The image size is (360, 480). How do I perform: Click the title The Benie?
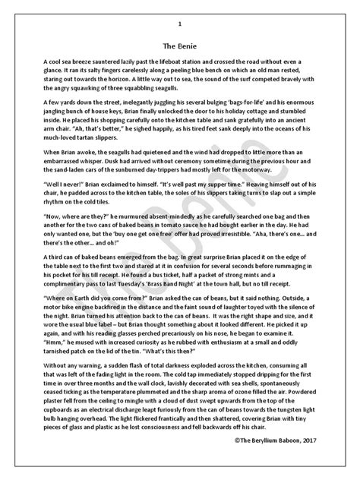180,44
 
